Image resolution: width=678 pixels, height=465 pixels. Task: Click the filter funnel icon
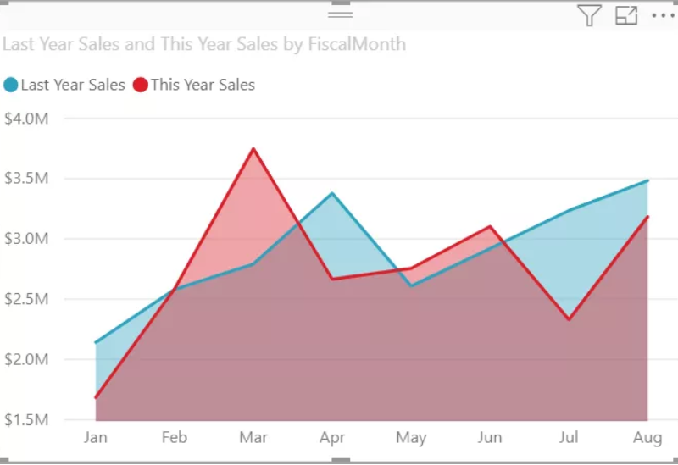click(589, 15)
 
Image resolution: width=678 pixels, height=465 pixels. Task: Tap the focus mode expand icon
click(626, 15)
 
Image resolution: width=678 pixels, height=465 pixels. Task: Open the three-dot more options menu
click(662, 15)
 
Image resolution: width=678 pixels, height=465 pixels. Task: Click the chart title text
click(204, 44)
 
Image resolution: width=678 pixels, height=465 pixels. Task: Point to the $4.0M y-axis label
click(26, 119)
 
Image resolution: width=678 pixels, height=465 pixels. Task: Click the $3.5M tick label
click(26, 179)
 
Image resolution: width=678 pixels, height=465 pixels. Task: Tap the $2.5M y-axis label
click(26, 299)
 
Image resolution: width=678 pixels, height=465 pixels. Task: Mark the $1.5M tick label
click(26, 420)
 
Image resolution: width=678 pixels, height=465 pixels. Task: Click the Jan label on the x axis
click(96, 438)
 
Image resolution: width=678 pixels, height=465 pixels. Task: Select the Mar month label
click(253, 438)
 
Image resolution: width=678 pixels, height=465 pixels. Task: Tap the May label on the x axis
click(411, 438)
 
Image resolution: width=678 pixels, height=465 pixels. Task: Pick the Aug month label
click(647, 438)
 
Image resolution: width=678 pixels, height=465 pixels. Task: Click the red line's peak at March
click(253, 149)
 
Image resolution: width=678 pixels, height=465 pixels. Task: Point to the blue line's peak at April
click(332, 193)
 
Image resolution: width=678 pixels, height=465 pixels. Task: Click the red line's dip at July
click(569, 319)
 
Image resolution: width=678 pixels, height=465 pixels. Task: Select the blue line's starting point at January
click(96, 343)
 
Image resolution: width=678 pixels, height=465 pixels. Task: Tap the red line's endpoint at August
click(647, 217)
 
